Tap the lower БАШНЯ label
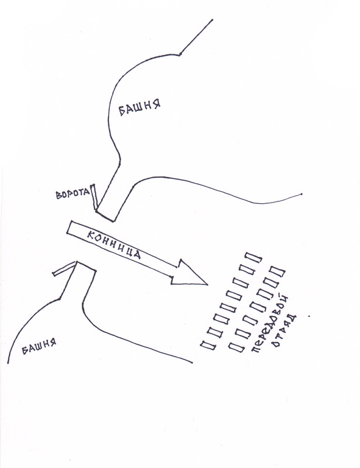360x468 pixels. point(39,346)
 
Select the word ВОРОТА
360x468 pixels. point(72,194)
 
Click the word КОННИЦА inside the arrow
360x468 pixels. point(114,245)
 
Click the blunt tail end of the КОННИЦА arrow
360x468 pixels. point(69,228)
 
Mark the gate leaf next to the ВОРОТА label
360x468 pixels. point(94,197)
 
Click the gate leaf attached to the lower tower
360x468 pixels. point(65,268)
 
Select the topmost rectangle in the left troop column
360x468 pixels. point(253,257)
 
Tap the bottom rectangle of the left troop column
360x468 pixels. point(208,345)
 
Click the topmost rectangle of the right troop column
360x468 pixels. point(277,271)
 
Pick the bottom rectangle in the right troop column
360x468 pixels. point(236,347)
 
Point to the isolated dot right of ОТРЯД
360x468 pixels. point(309,315)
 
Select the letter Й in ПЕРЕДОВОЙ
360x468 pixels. point(285,299)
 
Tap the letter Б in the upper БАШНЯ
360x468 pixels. point(122,111)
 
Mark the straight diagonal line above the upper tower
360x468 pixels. point(196,37)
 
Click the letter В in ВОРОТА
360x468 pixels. point(58,195)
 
